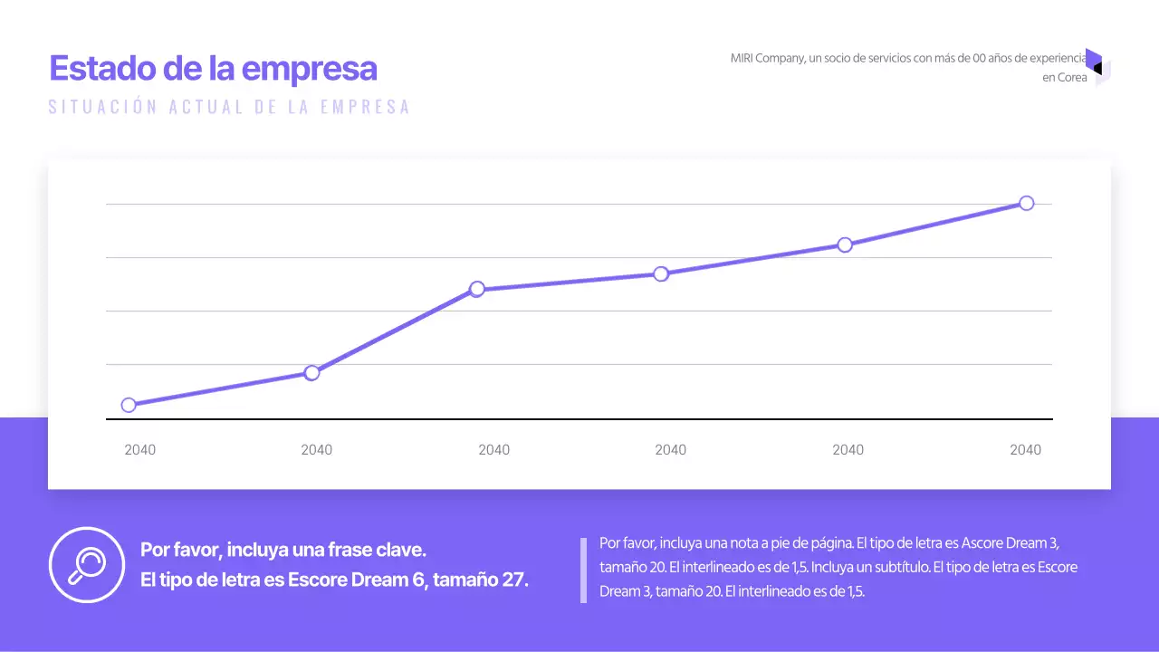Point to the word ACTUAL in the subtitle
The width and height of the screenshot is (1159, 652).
click(206, 107)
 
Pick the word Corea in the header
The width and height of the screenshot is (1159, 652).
click(1072, 78)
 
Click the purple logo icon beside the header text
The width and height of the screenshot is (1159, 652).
click(1097, 67)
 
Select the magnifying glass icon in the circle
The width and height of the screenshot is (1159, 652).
click(87, 564)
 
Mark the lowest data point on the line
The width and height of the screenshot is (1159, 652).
click(129, 405)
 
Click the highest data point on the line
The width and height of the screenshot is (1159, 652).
click(1026, 203)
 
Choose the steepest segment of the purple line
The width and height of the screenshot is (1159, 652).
click(394, 331)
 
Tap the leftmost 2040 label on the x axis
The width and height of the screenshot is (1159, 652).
click(139, 450)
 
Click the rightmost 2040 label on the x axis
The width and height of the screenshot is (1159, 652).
click(1025, 450)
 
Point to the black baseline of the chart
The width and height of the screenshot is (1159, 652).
click(579, 419)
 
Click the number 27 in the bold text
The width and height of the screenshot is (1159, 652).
click(512, 580)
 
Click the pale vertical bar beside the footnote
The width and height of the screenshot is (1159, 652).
click(583, 570)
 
